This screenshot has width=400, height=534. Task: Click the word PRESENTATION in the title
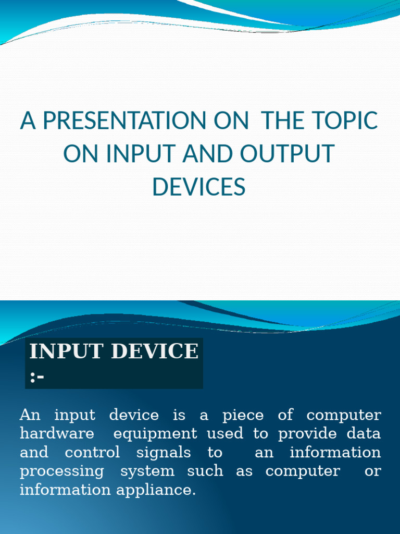pyautogui.click(x=124, y=120)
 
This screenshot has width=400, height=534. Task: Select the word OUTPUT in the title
pyautogui.click(x=287, y=154)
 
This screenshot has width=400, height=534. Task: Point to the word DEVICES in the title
pyautogui.click(x=199, y=187)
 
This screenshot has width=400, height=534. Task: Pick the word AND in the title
pyautogui.click(x=207, y=154)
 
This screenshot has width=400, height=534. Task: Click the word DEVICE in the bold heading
pyautogui.click(x=155, y=351)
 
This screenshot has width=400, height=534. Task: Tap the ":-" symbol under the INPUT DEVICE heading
pyautogui.click(x=37, y=378)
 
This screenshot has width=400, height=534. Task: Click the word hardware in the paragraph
pyautogui.click(x=57, y=433)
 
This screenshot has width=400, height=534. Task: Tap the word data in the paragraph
pyautogui.click(x=364, y=433)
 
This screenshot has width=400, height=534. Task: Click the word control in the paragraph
pyautogui.click(x=92, y=452)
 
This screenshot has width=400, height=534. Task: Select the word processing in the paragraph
pyautogui.click(x=62, y=471)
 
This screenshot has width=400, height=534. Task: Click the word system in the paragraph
pyautogui.click(x=147, y=471)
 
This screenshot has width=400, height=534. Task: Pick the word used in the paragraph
pyautogui.click(x=225, y=433)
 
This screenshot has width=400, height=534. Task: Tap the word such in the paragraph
pyautogui.click(x=205, y=471)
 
